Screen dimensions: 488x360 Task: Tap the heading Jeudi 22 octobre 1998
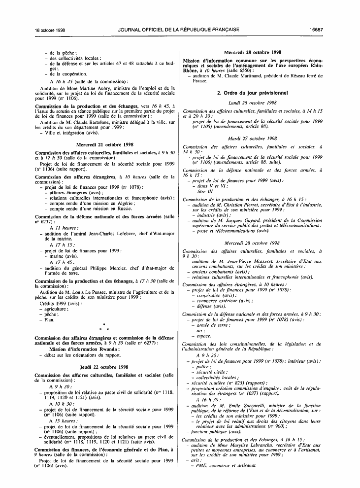pyautogui.click(x=104, y=367)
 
